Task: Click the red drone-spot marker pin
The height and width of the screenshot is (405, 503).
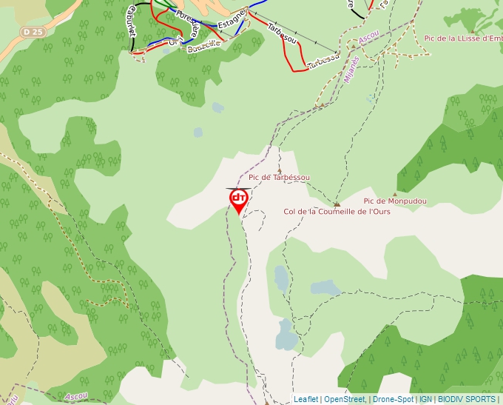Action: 238,201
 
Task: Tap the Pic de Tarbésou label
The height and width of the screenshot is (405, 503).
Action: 279,178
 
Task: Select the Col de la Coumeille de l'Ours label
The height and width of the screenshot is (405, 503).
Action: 337,212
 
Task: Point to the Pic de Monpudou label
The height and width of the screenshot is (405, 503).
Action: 395,201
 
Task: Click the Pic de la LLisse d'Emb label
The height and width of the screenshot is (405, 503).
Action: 463,38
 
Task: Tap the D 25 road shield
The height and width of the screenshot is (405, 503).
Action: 32,32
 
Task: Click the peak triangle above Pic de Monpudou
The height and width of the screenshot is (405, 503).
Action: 394,194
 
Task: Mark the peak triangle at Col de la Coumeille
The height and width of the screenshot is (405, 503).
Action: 337,204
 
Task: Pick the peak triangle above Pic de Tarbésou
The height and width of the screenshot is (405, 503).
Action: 279,170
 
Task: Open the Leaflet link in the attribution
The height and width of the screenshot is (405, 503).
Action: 305,400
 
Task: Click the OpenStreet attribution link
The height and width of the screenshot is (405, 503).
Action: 344,400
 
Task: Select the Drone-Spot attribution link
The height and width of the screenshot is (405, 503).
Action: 393,400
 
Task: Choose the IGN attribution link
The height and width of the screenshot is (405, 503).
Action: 426,400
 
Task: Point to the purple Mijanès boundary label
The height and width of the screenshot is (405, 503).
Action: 352,68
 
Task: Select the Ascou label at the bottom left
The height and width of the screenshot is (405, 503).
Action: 75,397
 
